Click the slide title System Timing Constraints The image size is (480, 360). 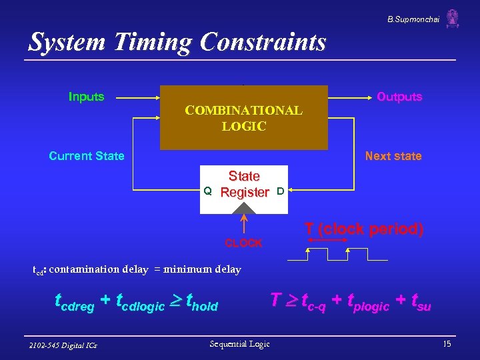pyautogui.click(x=177, y=42)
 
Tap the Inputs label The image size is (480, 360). pyautogui.click(x=86, y=97)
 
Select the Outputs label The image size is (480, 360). pyautogui.click(x=399, y=97)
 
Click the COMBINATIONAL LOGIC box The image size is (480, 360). pyautogui.click(x=244, y=118)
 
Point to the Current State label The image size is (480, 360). pyautogui.click(x=87, y=156)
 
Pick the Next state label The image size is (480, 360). pyautogui.click(x=393, y=156)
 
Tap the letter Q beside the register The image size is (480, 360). pyautogui.click(x=207, y=191)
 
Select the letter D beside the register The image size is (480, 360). pyautogui.click(x=281, y=191)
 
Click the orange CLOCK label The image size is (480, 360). pyautogui.click(x=244, y=243)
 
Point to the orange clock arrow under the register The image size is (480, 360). pyautogui.click(x=244, y=224)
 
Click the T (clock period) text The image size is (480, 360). pyautogui.click(x=364, y=229)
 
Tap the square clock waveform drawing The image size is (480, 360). pyautogui.click(x=337, y=253)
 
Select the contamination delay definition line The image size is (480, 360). pyautogui.click(x=137, y=270)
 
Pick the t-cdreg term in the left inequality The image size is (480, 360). pyautogui.click(x=75, y=304)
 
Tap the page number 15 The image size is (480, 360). pyautogui.click(x=447, y=344)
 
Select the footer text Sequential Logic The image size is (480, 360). pyautogui.click(x=239, y=344)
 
